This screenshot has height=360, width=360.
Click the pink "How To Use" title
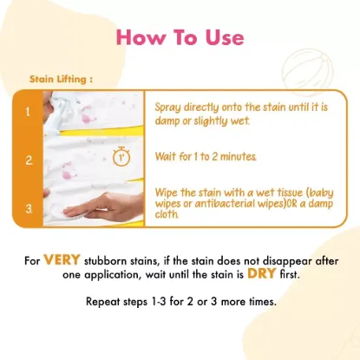(x=180, y=37)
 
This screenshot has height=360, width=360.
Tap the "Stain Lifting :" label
(x=61, y=79)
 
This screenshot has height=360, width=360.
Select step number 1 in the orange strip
(x=28, y=112)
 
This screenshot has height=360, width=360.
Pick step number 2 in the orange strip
(x=29, y=160)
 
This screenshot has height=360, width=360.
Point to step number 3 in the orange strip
(x=29, y=209)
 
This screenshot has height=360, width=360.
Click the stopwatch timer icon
(x=121, y=157)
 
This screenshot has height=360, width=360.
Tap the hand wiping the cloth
(x=102, y=206)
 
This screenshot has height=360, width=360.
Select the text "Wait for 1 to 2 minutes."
(x=206, y=157)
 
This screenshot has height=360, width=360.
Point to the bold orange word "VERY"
(x=62, y=259)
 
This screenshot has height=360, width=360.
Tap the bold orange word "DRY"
(x=262, y=273)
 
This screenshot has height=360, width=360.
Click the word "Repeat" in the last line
(x=103, y=302)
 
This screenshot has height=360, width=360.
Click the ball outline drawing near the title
(x=307, y=73)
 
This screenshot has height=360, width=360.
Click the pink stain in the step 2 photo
(x=69, y=171)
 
